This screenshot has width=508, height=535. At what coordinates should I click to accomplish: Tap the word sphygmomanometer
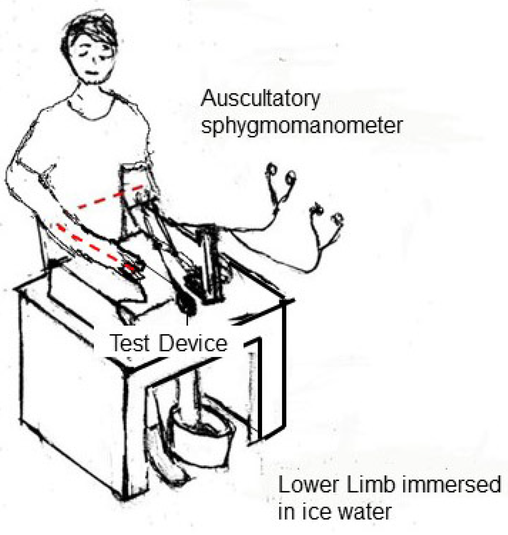(x=301, y=126)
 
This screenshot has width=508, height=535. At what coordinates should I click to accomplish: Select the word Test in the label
(x=130, y=343)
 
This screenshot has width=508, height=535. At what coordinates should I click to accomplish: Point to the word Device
(x=193, y=343)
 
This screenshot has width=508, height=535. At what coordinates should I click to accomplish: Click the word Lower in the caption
(x=308, y=485)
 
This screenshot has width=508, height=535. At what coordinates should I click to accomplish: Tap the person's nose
(x=94, y=61)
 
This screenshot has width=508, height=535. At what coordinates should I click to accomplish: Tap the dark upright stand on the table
(x=210, y=264)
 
